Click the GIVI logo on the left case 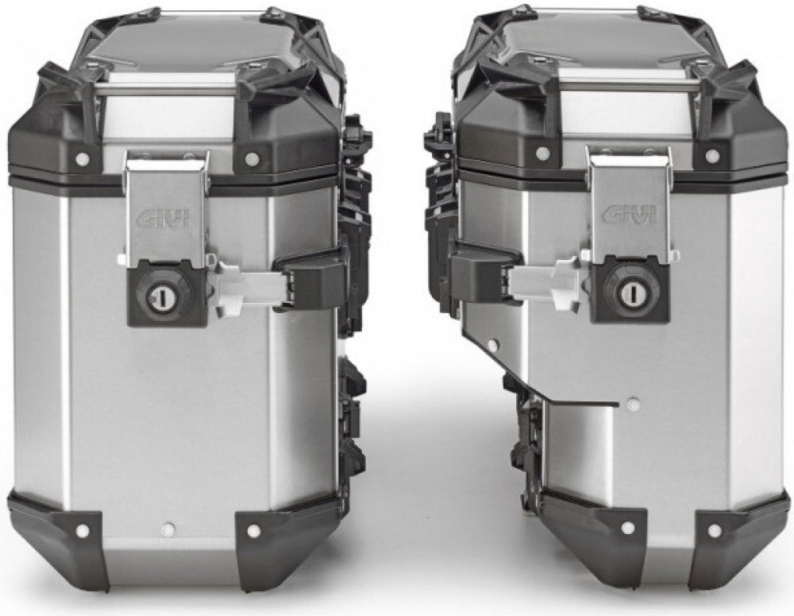[163, 220]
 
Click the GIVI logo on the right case [630, 214]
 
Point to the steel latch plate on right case [631, 203]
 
